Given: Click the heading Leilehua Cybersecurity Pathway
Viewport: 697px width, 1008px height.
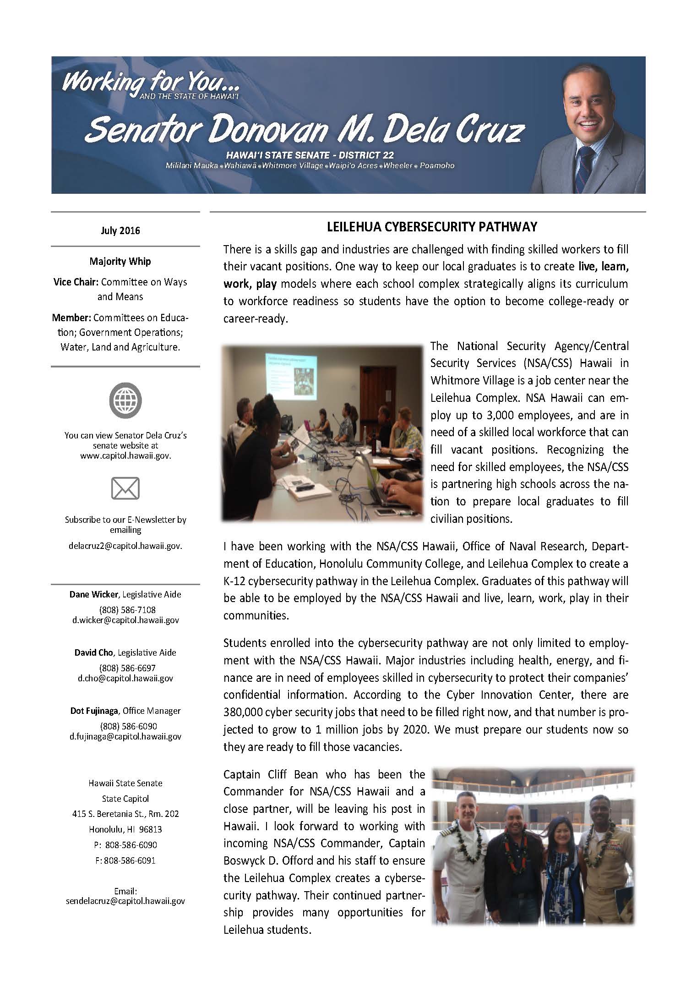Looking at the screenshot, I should tap(425, 227).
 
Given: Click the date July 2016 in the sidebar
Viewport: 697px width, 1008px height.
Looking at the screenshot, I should tap(120, 230).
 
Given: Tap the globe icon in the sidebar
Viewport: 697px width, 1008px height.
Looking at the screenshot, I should tap(125, 400).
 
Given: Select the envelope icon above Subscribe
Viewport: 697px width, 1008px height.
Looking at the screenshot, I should tap(125, 488).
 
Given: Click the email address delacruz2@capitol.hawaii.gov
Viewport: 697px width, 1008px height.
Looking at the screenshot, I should tap(125, 546).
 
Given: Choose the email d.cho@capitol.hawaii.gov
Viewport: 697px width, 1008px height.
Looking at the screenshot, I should tap(125, 678).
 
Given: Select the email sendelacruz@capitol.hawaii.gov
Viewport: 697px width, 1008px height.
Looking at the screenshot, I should tap(125, 901).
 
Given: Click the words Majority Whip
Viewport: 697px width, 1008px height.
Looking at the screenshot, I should tap(120, 261).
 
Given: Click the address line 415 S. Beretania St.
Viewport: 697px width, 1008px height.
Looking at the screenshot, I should tap(125, 814).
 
